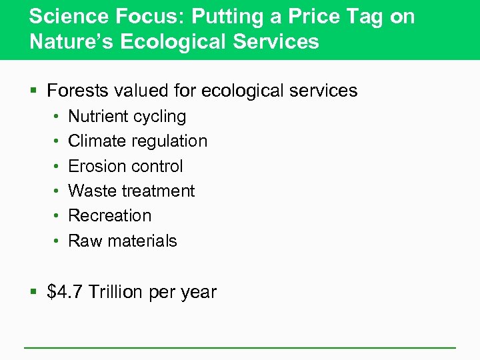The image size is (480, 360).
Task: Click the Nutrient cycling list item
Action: [127, 117]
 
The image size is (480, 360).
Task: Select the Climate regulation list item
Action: [138, 141]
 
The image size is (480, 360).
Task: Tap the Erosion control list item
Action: [125, 166]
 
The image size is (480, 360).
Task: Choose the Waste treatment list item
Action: [131, 191]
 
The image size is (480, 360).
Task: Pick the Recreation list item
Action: [110, 216]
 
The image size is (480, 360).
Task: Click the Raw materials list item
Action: [123, 241]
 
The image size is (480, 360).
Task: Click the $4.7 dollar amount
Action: [65, 292]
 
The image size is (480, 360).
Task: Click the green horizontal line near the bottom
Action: [240, 347]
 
